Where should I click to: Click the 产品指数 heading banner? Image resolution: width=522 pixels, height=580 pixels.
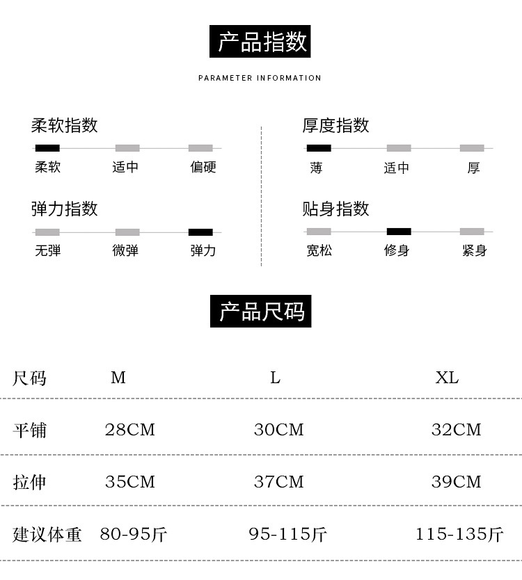(260, 42)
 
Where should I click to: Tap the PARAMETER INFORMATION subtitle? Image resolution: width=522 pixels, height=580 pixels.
(260, 78)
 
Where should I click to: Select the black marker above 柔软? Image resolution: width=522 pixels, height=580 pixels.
(47, 147)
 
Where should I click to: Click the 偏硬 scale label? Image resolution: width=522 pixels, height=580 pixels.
(203, 167)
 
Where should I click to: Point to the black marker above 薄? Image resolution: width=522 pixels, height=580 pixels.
(319, 147)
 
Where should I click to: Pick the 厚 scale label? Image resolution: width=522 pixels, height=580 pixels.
(473, 168)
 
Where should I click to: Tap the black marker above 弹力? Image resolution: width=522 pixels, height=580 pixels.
(200, 232)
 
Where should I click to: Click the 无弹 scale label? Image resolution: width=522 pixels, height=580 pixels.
(47, 250)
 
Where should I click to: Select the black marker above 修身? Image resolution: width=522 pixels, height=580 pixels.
(399, 232)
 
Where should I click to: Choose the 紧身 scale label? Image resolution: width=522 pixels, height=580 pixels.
(474, 250)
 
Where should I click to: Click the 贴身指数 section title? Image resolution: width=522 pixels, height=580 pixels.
(335, 209)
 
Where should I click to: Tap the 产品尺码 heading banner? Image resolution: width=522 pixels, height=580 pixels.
(261, 312)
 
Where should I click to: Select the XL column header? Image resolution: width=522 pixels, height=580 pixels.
(447, 378)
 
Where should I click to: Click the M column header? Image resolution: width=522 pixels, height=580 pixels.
(118, 378)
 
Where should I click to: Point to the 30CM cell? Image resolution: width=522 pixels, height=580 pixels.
(278, 430)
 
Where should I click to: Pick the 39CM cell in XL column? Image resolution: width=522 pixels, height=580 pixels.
(456, 481)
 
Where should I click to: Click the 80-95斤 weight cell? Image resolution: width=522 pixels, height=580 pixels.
(133, 534)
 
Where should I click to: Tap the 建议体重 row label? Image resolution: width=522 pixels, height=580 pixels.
(47, 534)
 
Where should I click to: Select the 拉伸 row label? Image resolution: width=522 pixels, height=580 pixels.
(30, 481)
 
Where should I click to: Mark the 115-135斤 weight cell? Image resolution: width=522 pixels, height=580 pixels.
(459, 534)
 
